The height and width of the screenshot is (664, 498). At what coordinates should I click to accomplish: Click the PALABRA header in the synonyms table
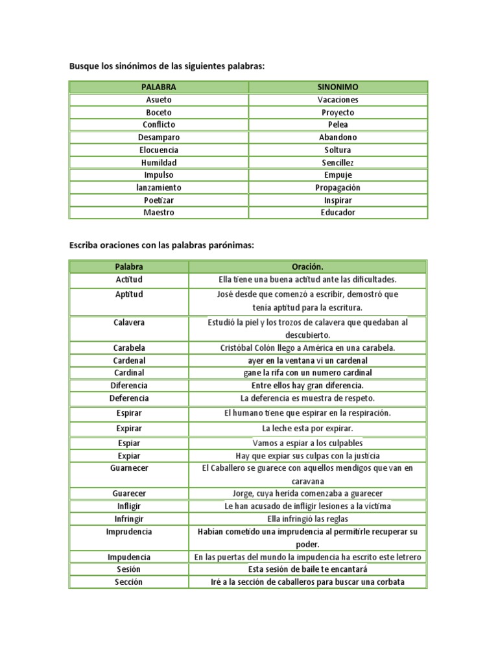click(x=159, y=87)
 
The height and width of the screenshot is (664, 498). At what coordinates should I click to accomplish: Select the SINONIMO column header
click(x=338, y=87)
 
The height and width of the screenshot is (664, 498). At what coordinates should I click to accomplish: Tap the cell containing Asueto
click(x=159, y=100)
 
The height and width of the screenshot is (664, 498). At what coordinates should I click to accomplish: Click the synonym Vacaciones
click(x=338, y=100)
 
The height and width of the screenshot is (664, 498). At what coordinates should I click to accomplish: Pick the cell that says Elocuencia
click(x=159, y=150)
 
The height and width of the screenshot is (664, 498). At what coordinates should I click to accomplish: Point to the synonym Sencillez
click(x=338, y=163)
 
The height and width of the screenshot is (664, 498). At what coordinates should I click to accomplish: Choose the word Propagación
click(x=338, y=187)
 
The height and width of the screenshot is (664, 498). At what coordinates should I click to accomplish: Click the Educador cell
click(x=338, y=213)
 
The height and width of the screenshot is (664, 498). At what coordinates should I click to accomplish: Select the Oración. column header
click(x=307, y=267)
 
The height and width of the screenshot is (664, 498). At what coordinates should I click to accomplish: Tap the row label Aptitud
click(x=129, y=294)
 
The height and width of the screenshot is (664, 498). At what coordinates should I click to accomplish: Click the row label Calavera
click(x=129, y=322)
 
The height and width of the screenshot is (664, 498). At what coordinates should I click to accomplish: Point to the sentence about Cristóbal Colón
click(x=307, y=348)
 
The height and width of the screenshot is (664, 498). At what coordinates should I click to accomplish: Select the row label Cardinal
click(x=129, y=373)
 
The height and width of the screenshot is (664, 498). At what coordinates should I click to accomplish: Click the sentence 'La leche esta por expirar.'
click(x=307, y=429)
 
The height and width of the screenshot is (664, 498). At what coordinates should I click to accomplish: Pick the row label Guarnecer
click(x=129, y=468)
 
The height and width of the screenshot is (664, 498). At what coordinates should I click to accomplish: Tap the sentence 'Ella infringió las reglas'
click(x=307, y=519)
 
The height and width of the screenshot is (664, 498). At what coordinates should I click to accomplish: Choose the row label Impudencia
click(x=129, y=557)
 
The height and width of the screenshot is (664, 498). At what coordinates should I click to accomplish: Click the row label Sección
click(x=129, y=582)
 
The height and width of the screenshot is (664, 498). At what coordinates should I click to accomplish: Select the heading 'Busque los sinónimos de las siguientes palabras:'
click(x=167, y=66)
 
